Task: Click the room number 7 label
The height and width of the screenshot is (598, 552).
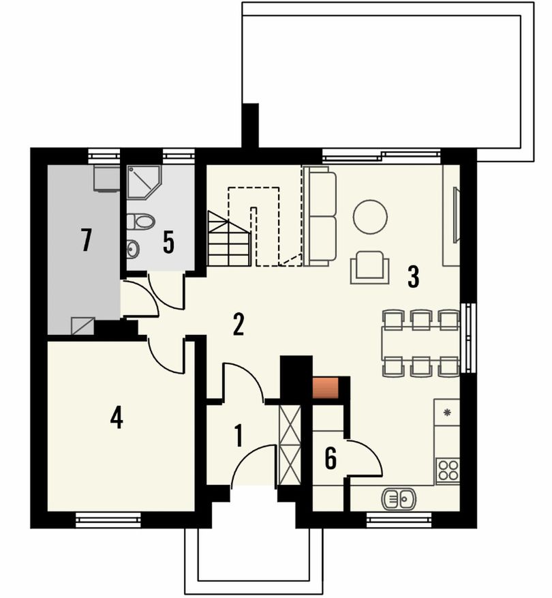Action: pos(87,239)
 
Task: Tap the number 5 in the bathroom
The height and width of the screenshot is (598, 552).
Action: pos(168,243)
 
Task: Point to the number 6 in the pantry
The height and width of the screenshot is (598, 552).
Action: pos(331,458)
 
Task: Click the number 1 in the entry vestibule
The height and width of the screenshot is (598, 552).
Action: pos(239,436)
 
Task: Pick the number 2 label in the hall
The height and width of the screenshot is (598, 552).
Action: pos(239,325)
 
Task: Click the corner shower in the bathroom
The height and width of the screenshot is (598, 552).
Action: pos(144,182)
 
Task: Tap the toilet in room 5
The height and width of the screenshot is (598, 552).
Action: pos(140,222)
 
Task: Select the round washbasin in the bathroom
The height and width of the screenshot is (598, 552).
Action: pos(133,249)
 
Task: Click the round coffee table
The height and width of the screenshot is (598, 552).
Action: pos(370,217)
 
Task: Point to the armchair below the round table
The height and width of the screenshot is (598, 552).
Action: pos(370,267)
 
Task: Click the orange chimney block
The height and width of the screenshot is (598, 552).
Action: pos(326,387)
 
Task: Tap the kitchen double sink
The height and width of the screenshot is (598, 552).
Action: pos(399,498)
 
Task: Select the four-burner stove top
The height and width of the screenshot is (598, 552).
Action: pos(448,470)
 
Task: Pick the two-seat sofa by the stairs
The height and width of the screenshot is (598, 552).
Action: pos(320,216)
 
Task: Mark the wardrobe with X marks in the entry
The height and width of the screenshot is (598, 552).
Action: pos(290,445)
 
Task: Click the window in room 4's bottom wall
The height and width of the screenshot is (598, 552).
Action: pos(108,520)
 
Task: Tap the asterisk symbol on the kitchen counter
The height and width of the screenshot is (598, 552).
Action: pos(448,411)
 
